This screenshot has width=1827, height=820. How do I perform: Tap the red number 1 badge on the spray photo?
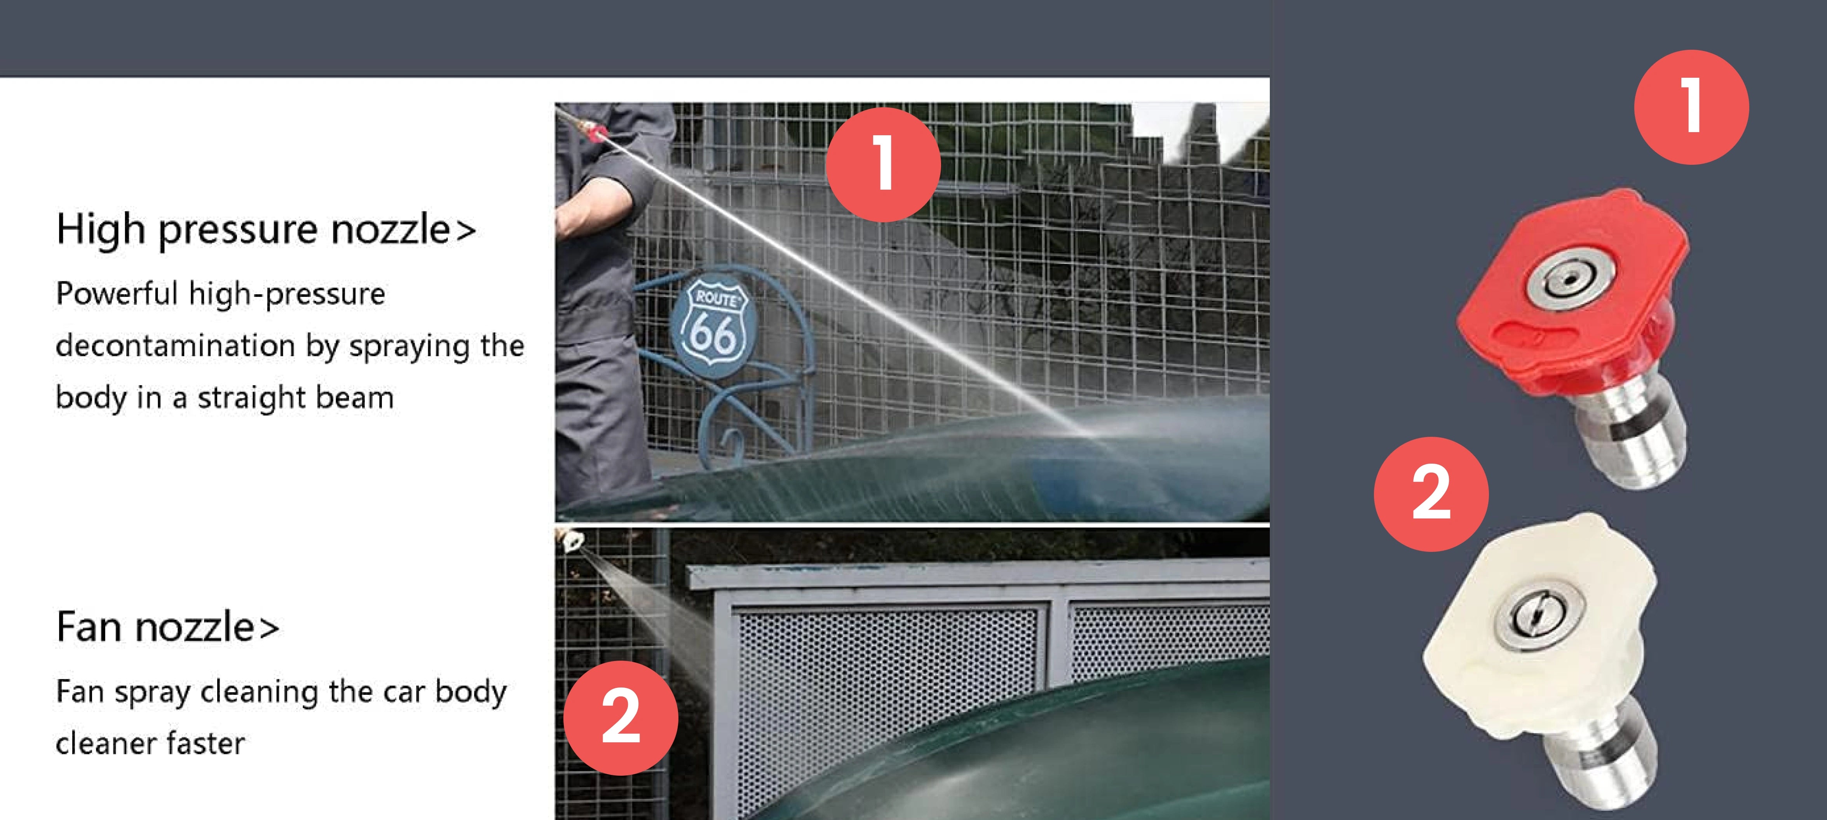point(883,164)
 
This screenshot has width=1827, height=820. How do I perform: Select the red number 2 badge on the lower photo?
point(621,718)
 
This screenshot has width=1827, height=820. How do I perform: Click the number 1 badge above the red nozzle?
point(1691,107)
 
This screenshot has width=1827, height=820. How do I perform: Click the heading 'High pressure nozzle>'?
point(266,230)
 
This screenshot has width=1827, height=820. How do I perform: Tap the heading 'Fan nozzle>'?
point(168,627)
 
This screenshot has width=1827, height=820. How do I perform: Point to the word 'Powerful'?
point(116,293)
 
